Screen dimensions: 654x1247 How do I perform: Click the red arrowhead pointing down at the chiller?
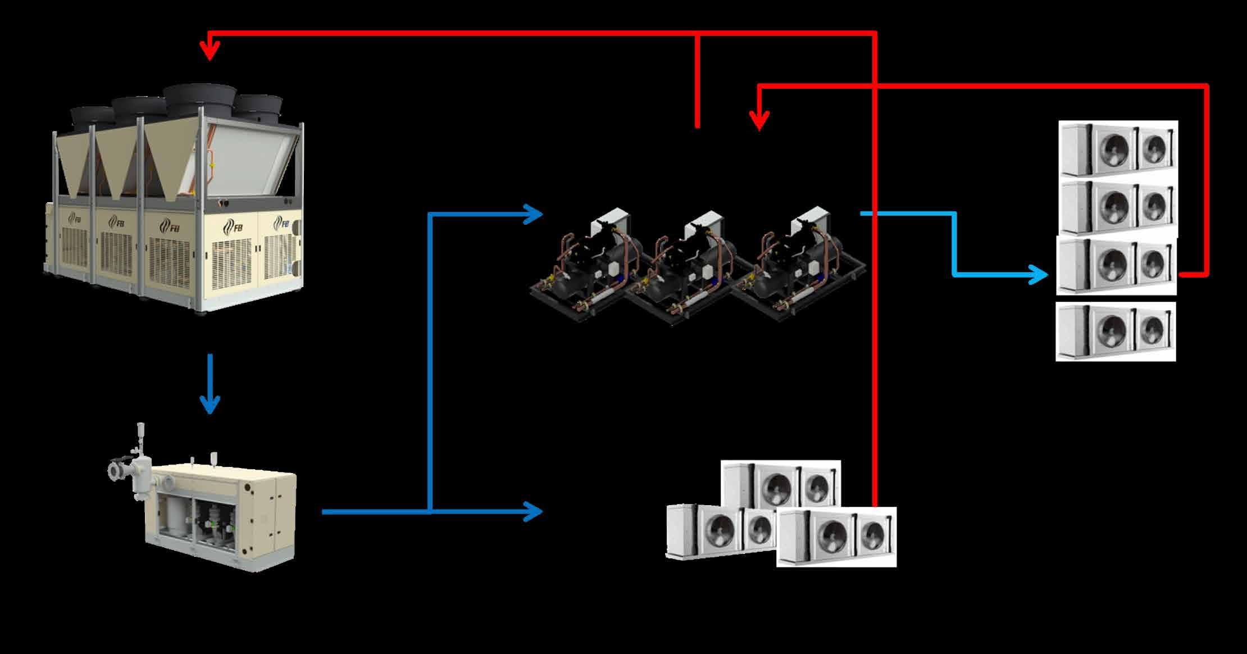click(210, 53)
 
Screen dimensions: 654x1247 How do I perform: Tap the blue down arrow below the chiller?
click(210, 405)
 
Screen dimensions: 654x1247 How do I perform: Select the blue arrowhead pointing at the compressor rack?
click(534, 214)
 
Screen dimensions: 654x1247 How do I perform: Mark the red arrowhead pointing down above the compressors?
click(759, 122)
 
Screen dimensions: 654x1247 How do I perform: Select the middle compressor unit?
click(685, 264)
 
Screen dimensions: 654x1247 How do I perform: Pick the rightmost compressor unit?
click(798, 258)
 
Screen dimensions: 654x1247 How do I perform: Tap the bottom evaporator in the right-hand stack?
click(1116, 331)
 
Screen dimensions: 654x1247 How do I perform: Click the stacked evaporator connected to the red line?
click(1117, 266)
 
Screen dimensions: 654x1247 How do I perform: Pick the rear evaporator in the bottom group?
click(781, 483)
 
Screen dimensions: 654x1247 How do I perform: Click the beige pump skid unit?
click(219, 514)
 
